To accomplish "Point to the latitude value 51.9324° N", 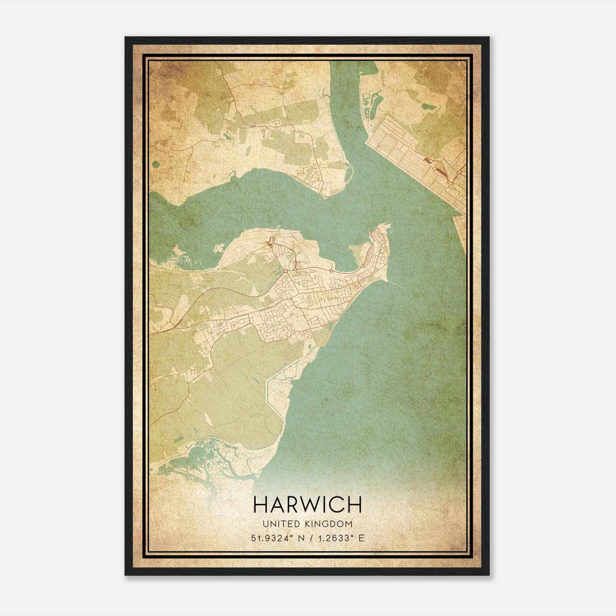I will point(277,538).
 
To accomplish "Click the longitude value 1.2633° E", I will point(337,538).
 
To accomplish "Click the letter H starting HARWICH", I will point(261,504).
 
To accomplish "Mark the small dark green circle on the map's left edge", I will point(156,165).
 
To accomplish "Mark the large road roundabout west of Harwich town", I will point(286,271).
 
